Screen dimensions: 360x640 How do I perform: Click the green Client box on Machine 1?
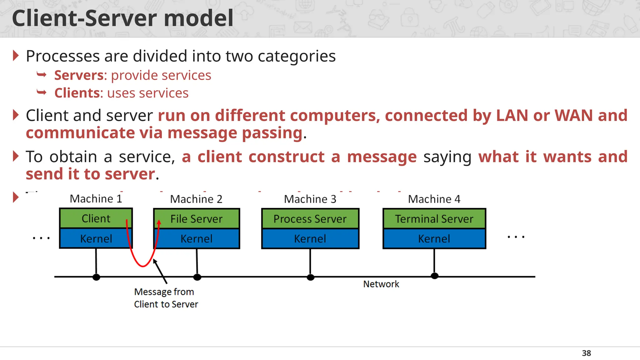pyautogui.click(x=96, y=218)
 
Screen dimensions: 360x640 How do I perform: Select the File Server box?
pyautogui.click(x=196, y=219)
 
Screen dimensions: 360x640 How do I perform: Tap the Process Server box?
pyautogui.click(x=310, y=219)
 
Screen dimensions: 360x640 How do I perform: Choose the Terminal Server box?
pyautogui.click(x=434, y=219)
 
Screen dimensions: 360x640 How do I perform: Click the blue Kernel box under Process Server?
pyautogui.click(x=310, y=239)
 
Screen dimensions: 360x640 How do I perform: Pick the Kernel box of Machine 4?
pyautogui.click(x=434, y=239)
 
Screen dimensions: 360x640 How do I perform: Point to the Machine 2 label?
pyautogui.click(x=196, y=199)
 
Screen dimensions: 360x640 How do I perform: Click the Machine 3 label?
pyautogui.click(x=310, y=199)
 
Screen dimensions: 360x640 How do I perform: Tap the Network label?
pyautogui.click(x=381, y=284)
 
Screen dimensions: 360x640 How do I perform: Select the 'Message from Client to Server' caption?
pyautogui.click(x=166, y=298)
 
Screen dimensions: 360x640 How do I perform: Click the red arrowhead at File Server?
pyautogui.click(x=159, y=222)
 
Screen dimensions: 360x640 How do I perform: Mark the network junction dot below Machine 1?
pyautogui.click(x=96, y=277)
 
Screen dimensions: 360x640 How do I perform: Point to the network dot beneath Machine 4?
pyautogui.click(x=434, y=276)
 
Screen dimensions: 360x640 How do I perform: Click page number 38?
pyautogui.click(x=586, y=353)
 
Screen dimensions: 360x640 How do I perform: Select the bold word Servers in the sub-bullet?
pyautogui.click(x=79, y=75)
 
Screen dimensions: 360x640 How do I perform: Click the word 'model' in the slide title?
pyautogui.click(x=198, y=18)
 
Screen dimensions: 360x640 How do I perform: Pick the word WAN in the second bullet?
pyautogui.click(x=573, y=115)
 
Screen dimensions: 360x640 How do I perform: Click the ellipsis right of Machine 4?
pyautogui.click(x=516, y=237)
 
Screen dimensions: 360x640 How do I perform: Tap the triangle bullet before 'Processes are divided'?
pyautogui.click(x=16, y=56)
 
